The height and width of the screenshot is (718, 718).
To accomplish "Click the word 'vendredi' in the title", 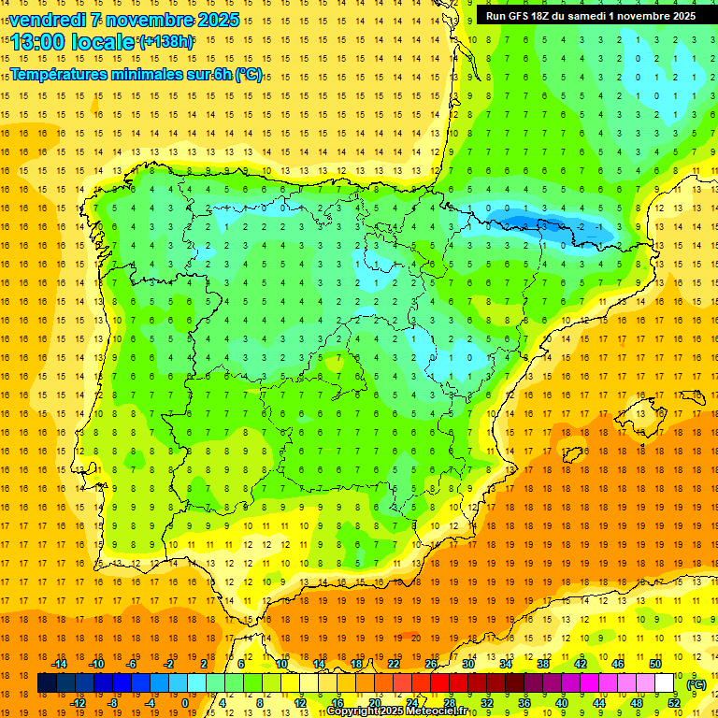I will (49, 20).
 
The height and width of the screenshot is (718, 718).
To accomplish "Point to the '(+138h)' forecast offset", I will (166, 42).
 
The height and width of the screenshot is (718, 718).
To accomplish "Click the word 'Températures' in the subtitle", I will (62, 74).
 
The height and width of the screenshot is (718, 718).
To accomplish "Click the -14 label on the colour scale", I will (59, 664).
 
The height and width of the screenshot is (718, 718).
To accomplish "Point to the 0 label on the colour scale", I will (185, 702).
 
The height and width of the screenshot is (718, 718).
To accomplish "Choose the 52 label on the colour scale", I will (674, 702).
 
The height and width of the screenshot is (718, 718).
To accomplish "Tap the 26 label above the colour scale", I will (431, 664).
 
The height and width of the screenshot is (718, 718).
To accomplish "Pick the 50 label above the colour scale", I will (655, 664).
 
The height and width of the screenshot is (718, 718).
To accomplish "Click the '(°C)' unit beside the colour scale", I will (696, 683).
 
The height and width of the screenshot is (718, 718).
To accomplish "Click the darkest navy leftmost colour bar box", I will (47, 683).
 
